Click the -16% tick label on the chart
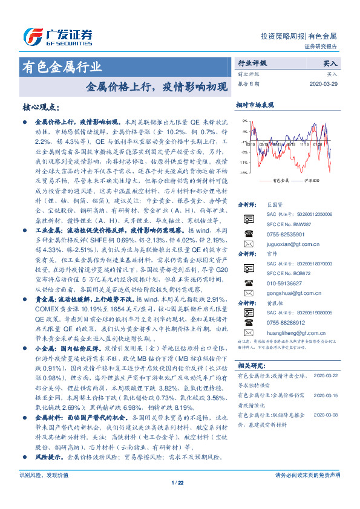click(x=243, y=172)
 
